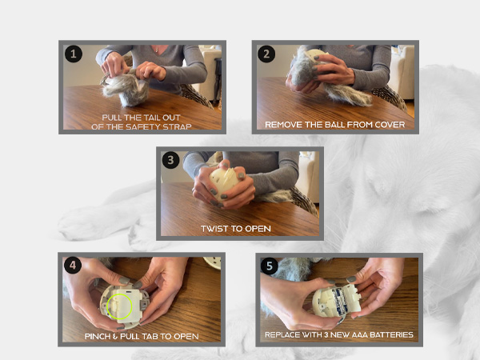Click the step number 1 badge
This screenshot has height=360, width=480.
click(74, 54)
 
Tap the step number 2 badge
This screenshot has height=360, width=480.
click(266, 54)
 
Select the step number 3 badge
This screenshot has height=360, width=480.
click(171, 160)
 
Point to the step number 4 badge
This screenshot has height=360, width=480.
click(73, 265)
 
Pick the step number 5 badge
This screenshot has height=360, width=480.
click(270, 266)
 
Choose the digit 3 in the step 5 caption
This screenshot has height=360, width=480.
click(326, 334)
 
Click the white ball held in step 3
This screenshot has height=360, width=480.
click(224, 180)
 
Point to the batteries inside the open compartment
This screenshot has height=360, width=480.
click(338, 301)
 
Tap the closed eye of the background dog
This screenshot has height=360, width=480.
click(426, 211)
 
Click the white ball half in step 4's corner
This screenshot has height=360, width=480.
click(213, 262)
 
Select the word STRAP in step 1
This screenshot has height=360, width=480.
click(177, 126)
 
